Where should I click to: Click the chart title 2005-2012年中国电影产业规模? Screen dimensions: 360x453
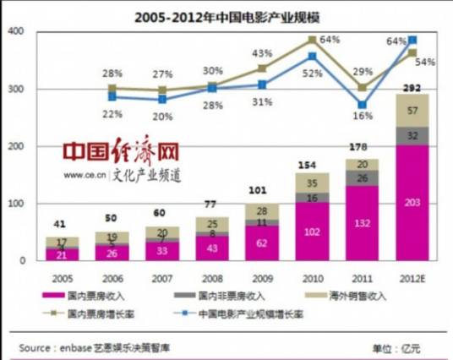(226, 14)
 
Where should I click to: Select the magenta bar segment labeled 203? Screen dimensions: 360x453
(412, 203)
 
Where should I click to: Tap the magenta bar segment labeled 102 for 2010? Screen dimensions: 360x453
(312, 232)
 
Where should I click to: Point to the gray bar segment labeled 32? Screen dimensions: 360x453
(412, 135)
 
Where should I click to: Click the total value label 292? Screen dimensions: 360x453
(412, 86)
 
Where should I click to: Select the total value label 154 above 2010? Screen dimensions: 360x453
(312, 164)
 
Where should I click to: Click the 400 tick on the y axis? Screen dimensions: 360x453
(14, 31)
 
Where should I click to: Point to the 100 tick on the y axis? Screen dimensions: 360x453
(14, 204)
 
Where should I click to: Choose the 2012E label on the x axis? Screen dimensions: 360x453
(412, 276)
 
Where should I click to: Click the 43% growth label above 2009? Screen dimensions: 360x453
(262, 54)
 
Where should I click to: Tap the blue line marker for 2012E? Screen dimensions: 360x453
(412, 40)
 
